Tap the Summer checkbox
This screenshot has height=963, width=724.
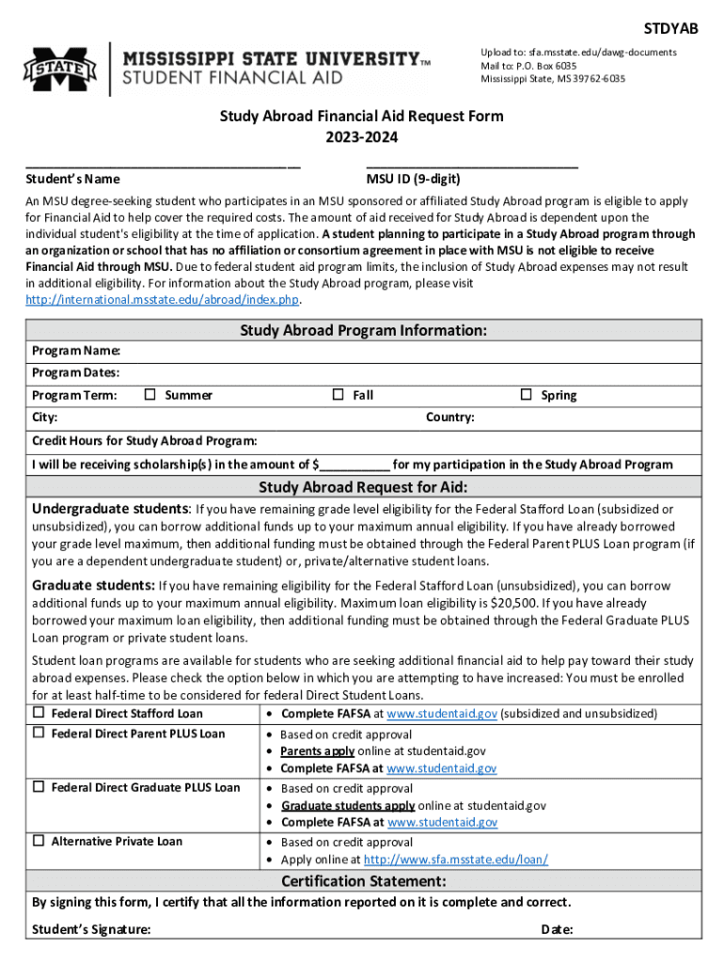click(150, 395)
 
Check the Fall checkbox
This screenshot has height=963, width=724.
click(338, 395)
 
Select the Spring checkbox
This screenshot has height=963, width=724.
click(527, 395)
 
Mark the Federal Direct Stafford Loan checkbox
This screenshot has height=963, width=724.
click(39, 713)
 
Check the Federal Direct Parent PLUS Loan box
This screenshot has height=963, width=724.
click(39, 733)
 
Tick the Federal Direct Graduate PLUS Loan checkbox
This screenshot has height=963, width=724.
click(39, 787)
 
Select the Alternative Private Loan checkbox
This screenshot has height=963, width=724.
click(39, 841)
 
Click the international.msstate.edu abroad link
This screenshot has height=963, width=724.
click(163, 300)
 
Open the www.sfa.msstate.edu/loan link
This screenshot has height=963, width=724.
click(455, 860)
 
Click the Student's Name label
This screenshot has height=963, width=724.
click(72, 179)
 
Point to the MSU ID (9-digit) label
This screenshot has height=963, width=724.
click(413, 179)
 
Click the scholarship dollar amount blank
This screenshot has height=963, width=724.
click(355, 464)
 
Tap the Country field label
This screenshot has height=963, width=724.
click(449, 417)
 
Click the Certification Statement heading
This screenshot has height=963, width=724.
click(363, 881)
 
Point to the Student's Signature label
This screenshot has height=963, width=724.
click(91, 930)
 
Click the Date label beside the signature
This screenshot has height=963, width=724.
click(558, 930)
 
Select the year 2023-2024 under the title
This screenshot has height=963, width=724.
click(362, 137)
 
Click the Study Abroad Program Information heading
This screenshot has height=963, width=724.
click(363, 330)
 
